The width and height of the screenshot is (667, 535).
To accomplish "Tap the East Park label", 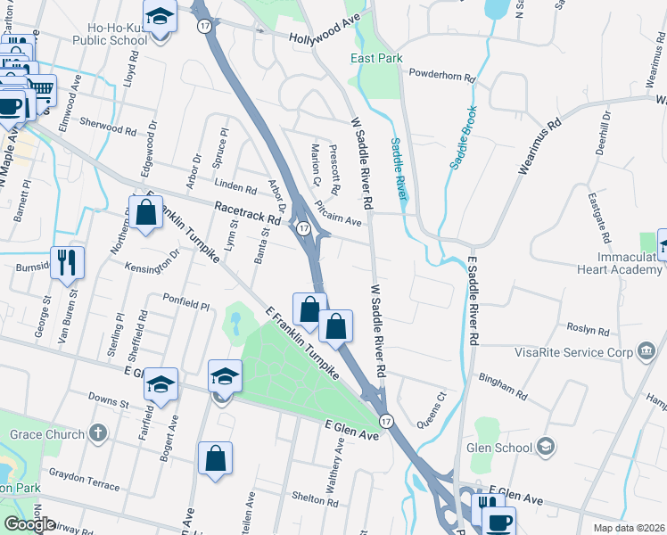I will point(376,58).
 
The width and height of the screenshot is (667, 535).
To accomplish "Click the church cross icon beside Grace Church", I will point(98,434).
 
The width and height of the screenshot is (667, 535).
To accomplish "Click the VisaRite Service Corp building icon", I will point(644,352).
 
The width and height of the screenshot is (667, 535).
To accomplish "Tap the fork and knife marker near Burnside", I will point(68,262).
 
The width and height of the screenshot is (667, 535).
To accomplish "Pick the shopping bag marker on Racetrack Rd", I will point(146,214).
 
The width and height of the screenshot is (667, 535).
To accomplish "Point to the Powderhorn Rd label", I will point(442,77).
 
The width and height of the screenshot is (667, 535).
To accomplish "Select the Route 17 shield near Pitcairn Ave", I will point(304,229).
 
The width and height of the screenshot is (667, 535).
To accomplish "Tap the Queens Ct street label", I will point(428,407).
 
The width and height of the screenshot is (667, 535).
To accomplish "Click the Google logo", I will point(30,523).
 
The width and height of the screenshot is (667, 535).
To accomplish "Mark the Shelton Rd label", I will point(315,502).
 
